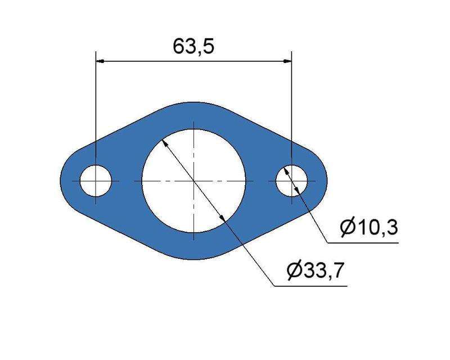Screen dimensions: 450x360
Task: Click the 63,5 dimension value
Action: [x=193, y=47]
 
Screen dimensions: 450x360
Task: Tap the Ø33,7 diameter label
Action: [x=315, y=271]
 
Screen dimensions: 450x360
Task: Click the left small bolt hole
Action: [x=96, y=181]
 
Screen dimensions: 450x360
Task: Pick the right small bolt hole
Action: [x=291, y=181]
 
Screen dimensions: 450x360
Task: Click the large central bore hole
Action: [x=194, y=181]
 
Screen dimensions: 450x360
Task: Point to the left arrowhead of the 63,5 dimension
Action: [x=100, y=61]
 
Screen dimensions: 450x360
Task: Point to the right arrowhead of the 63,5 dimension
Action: [x=287, y=61]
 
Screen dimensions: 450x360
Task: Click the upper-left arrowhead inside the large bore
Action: [x=164, y=143]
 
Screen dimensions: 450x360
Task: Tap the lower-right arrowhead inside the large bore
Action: [x=223, y=218]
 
